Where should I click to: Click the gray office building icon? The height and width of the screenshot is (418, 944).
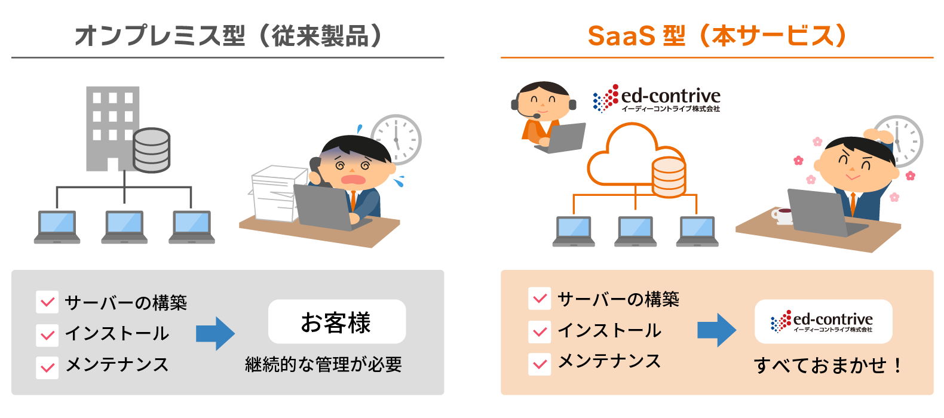pyautogui.click(x=112, y=128)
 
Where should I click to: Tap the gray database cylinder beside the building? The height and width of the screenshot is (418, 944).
pyautogui.click(x=151, y=150)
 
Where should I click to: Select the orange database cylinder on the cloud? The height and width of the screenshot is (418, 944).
pyautogui.click(x=669, y=177)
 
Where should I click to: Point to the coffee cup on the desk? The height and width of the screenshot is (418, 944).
pyautogui.click(x=781, y=216)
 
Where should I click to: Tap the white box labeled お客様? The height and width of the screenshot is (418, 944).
pyautogui.click(x=337, y=321)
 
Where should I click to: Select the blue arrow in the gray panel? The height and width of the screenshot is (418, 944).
pyautogui.click(x=215, y=334)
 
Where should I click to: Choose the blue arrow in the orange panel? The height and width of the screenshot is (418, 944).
pyautogui.click(x=716, y=330)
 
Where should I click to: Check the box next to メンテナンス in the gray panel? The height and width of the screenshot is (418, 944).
pyautogui.click(x=47, y=367)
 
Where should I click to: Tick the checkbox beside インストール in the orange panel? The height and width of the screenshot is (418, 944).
pyautogui.click(x=540, y=331)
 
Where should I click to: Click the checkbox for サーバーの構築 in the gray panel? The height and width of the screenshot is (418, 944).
pyautogui.click(x=47, y=302)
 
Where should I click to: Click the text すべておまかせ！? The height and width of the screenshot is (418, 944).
pyautogui.click(x=826, y=365)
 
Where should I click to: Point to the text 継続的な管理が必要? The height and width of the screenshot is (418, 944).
pyautogui.click(x=324, y=364)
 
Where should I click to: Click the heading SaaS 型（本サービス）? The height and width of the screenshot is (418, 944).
pyautogui.click(x=718, y=36)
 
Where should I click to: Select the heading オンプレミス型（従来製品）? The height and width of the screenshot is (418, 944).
pyautogui.click(x=228, y=36)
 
